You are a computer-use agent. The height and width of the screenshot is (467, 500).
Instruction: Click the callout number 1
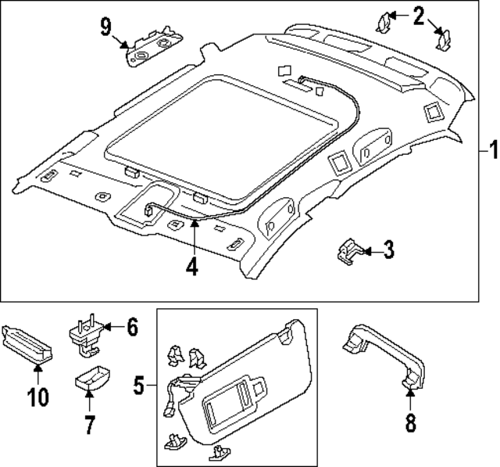tap(491, 149)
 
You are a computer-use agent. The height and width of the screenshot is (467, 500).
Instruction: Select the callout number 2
tap(419, 14)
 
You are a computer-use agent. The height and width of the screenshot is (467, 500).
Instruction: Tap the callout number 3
tap(388, 250)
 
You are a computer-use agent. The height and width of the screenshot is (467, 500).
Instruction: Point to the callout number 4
tap(191, 266)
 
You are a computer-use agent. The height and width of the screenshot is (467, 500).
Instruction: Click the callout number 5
tap(138, 385)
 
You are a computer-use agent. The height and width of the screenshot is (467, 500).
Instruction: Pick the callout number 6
tap(132, 327)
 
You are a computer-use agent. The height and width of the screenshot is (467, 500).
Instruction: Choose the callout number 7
tap(90, 425)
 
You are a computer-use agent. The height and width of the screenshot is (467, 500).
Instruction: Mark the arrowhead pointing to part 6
tap(108, 328)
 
